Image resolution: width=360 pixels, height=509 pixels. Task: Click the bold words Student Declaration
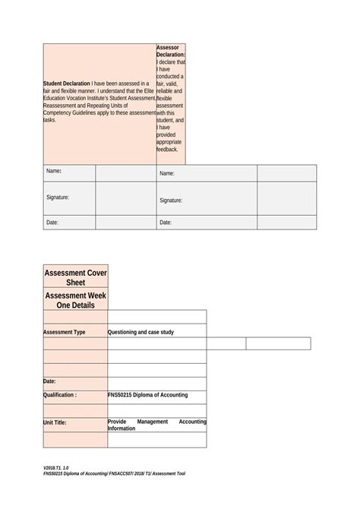[67, 84]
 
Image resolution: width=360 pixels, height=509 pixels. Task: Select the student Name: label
[54, 172]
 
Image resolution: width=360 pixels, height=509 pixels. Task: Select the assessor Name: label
[167, 174]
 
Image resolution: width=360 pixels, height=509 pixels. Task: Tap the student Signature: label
[58, 198]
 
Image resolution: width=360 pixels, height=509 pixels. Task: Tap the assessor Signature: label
[171, 201]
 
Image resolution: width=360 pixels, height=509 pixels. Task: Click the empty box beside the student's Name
[125, 173]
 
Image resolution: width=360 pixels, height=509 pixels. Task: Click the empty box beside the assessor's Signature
[287, 199]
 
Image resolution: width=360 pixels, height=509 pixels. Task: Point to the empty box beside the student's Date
[125, 223]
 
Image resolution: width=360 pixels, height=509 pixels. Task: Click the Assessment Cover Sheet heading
[75, 277]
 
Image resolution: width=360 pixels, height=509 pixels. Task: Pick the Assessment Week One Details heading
[75, 299]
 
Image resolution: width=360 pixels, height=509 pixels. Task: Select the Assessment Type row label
[65, 332]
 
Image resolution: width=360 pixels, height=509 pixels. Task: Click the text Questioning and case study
[141, 332]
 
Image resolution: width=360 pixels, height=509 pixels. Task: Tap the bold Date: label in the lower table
[49, 381]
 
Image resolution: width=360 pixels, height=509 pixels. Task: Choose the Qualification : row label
[60, 395]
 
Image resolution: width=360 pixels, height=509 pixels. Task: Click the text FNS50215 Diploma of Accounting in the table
[147, 395]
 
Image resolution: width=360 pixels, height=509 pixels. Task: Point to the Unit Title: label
[55, 422]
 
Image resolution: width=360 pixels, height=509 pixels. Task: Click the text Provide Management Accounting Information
[156, 424]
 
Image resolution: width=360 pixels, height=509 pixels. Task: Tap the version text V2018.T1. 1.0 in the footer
[56, 466]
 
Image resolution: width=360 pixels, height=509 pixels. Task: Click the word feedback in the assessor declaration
[167, 150]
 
